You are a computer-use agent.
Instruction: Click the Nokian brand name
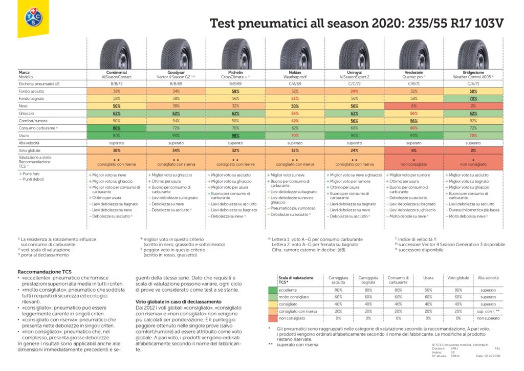click(295, 73)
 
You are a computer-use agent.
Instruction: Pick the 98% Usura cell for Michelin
click(235, 136)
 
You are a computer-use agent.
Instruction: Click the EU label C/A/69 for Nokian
click(295, 83)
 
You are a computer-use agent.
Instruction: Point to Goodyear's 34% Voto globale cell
click(176, 151)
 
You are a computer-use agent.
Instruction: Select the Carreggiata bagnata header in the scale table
click(365, 279)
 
